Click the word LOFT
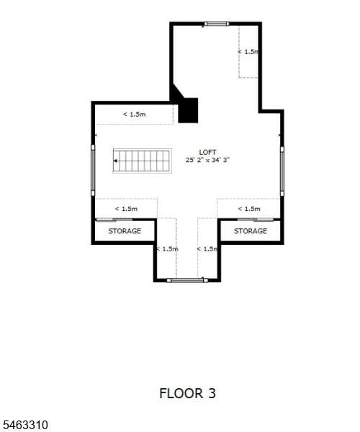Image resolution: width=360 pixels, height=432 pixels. (207, 152)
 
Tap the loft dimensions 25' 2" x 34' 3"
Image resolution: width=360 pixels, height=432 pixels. (207, 160)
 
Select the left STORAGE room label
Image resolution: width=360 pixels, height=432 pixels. (125, 231)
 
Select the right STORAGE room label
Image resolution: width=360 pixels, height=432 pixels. (251, 231)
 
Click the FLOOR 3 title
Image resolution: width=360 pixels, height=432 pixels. (188, 393)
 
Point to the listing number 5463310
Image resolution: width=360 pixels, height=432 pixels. (24, 425)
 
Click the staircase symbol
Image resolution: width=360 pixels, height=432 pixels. (142, 161)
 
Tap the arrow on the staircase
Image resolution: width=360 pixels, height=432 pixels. (115, 161)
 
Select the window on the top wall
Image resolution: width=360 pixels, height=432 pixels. (217, 24)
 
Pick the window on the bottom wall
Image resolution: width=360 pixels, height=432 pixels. (187, 281)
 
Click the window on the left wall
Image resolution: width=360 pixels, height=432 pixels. (93, 170)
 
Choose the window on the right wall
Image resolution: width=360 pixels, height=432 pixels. (282, 171)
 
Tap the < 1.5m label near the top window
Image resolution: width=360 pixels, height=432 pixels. (248, 52)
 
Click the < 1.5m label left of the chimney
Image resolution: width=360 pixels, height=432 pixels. (134, 114)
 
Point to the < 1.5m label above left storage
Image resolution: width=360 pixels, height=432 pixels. (126, 209)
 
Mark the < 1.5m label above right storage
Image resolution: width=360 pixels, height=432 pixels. (249, 209)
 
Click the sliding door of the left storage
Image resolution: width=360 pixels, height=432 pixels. (114, 220)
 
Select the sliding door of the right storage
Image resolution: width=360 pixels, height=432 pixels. (256, 220)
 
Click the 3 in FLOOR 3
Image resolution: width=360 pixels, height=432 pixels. (212, 393)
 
